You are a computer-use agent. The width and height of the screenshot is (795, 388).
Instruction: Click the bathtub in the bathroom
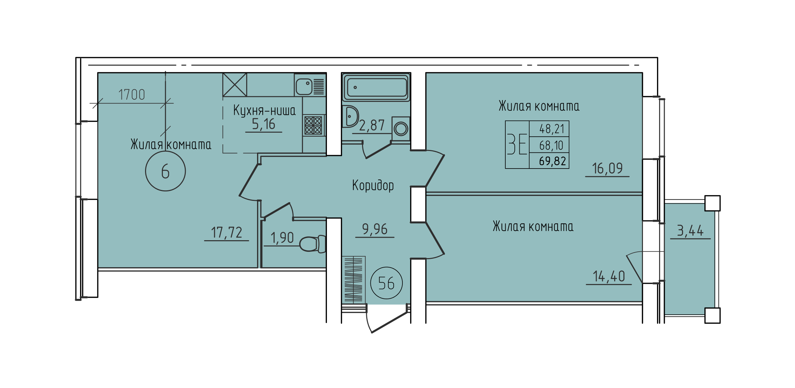pyautogui.click(x=376, y=87)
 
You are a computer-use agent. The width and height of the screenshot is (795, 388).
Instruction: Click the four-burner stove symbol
pyautogui.click(x=313, y=125)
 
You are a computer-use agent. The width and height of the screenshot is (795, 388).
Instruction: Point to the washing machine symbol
pyautogui.click(x=401, y=129)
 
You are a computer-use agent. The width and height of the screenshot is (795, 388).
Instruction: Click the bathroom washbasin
pyautogui.click(x=350, y=116)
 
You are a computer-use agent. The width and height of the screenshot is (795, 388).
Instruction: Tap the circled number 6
pyautogui.click(x=165, y=171)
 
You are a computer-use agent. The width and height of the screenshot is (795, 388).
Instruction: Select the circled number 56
pyautogui.click(x=386, y=283)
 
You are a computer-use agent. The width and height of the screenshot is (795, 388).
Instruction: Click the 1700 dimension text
pyautogui.click(x=132, y=95)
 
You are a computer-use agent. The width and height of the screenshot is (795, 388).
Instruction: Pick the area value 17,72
pyautogui.click(x=226, y=232)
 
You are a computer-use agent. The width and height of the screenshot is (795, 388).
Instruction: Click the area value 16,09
pyautogui.click(x=607, y=169)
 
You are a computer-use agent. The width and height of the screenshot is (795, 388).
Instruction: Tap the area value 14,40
pyautogui.click(x=609, y=276)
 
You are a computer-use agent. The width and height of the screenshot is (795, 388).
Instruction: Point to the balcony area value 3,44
pyautogui.click(x=690, y=231)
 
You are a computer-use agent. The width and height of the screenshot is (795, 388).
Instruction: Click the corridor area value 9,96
pyautogui.click(x=375, y=229)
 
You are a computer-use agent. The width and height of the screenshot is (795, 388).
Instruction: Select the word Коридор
pyautogui.click(x=373, y=185)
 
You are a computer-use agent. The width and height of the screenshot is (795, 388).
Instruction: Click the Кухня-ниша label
pyautogui.click(x=264, y=110)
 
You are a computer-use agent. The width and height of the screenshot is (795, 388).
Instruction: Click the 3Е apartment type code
pyautogui.click(x=517, y=144)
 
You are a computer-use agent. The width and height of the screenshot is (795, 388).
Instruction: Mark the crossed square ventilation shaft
pyautogui.click(x=235, y=85)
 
